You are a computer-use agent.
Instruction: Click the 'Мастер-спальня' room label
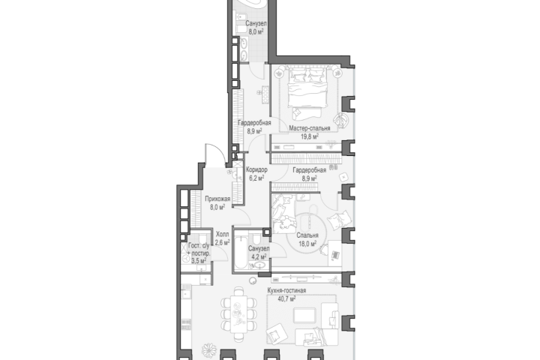tap(310, 128)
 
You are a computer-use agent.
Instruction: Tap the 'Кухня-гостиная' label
tap(286, 290)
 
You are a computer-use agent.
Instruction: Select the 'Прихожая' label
tap(217, 199)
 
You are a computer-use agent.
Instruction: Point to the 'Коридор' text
tap(256, 169)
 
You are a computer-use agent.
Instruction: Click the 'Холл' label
tap(222, 234)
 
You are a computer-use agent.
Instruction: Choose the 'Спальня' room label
tap(307, 235)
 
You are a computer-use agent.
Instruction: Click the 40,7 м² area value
tap(286, 298)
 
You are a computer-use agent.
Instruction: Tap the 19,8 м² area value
tap(310, 136)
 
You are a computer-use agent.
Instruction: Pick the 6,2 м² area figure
tap(256, 178)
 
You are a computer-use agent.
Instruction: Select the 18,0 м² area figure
tap(307, 244)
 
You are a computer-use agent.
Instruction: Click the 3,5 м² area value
tap(199, 261)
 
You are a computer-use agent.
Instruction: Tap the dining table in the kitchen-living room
tap(238, 314)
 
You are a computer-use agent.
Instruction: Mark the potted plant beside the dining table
tap(208, 350)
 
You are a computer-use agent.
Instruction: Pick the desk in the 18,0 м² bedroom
tap(334, 253)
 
